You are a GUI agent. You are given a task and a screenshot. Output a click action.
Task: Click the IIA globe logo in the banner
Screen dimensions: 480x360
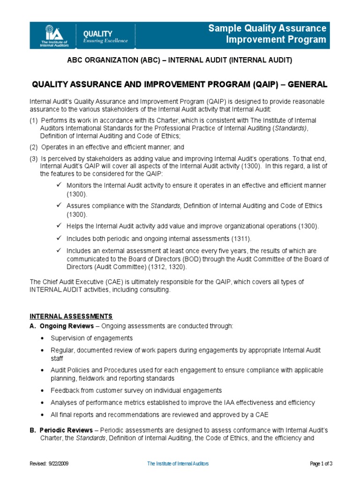[50, 33]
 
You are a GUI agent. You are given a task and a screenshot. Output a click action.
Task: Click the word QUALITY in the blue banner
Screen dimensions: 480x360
[97, 34]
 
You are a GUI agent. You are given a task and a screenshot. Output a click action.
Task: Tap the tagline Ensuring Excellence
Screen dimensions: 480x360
[105, 41]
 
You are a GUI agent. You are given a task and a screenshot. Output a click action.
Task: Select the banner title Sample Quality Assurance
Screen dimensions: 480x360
[267, 29]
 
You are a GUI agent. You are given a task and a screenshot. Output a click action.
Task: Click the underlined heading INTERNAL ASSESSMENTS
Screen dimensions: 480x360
[71, 316]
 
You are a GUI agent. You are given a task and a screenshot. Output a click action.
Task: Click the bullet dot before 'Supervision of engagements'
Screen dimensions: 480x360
[43, 338]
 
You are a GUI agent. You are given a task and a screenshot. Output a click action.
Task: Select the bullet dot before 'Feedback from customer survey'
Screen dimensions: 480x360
[43, 390]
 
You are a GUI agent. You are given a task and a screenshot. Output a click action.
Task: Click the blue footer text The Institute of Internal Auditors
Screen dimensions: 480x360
[178, 464]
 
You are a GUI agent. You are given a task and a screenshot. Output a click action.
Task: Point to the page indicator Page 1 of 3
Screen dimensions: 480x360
[321, 464]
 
